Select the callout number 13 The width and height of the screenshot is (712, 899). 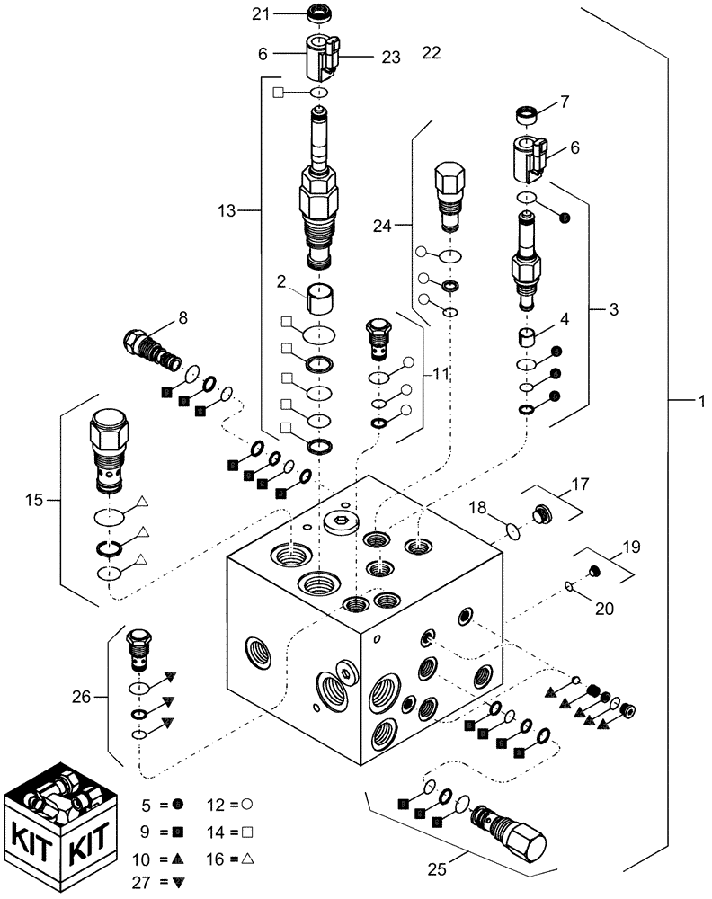(x=227, y=210)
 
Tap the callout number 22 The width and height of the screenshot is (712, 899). (x=432, y=53)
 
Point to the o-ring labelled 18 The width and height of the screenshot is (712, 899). (x=512, y=531)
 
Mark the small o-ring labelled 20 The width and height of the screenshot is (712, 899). (x=569, y=587)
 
